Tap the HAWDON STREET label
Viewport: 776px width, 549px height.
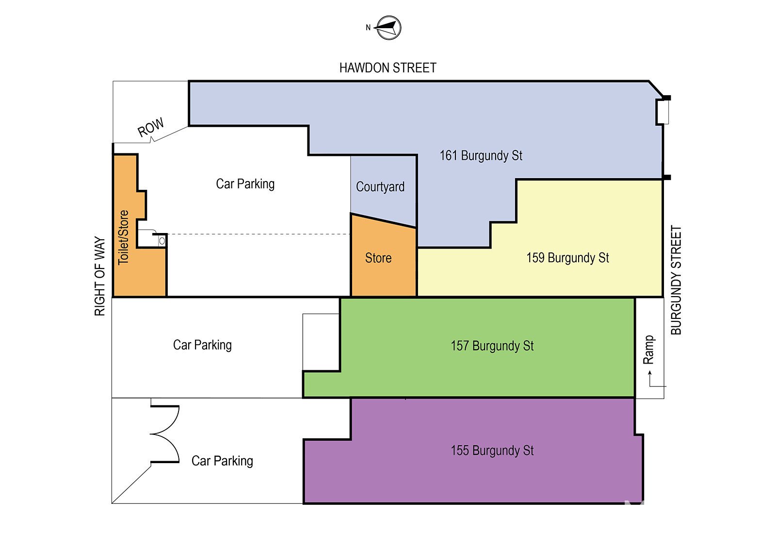[388, 68]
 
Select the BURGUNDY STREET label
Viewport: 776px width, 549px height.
[676, 280]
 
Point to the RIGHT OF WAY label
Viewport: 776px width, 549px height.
[100, 276]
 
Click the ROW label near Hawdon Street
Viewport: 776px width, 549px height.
[151, 127]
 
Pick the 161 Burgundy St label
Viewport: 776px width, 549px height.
[481, 156]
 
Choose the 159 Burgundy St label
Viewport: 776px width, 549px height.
[567, 258]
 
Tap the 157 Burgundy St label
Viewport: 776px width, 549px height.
[492, 346]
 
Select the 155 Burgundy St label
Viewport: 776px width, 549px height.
[492, 450]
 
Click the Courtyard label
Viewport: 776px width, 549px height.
[380, 187]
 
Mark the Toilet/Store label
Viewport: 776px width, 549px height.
[124, 237]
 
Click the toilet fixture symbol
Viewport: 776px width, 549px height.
[162, 241]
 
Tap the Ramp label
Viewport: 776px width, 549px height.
[648, 349]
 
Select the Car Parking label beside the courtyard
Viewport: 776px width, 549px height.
[245, 184]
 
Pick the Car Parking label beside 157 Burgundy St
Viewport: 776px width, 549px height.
[202, 345]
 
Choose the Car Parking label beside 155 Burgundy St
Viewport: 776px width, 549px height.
[222, 461]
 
